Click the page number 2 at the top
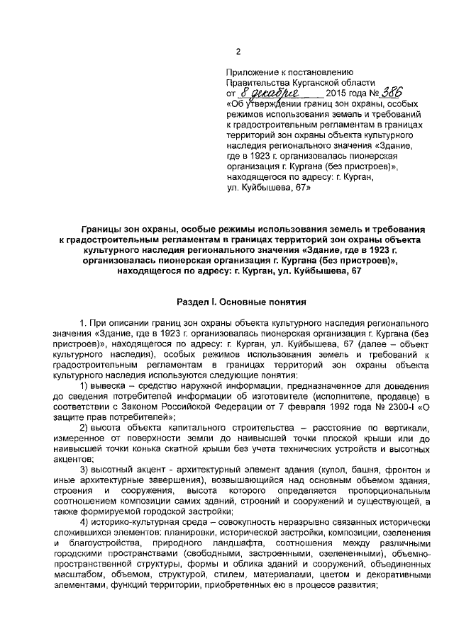tap(238, 51)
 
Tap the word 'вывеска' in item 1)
tap(111, 385)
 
